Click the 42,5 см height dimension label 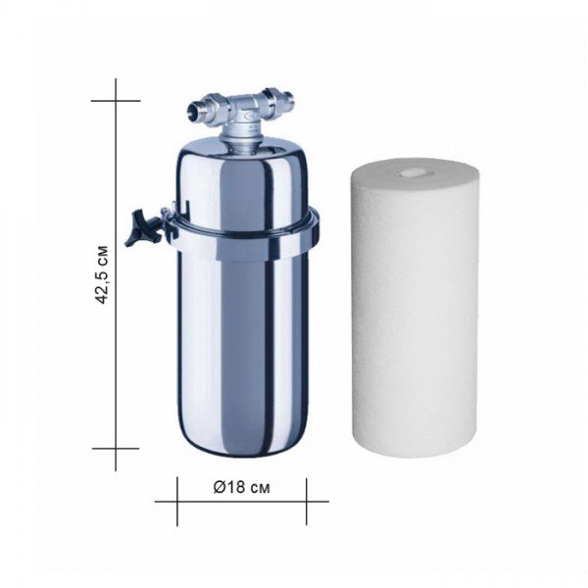[x=102, y=274]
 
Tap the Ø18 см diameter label [x=241, y=487]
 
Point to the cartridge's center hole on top [x=411, y=172]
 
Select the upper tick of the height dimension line [x=116, y=101]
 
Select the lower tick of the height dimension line [x=116, y=448]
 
